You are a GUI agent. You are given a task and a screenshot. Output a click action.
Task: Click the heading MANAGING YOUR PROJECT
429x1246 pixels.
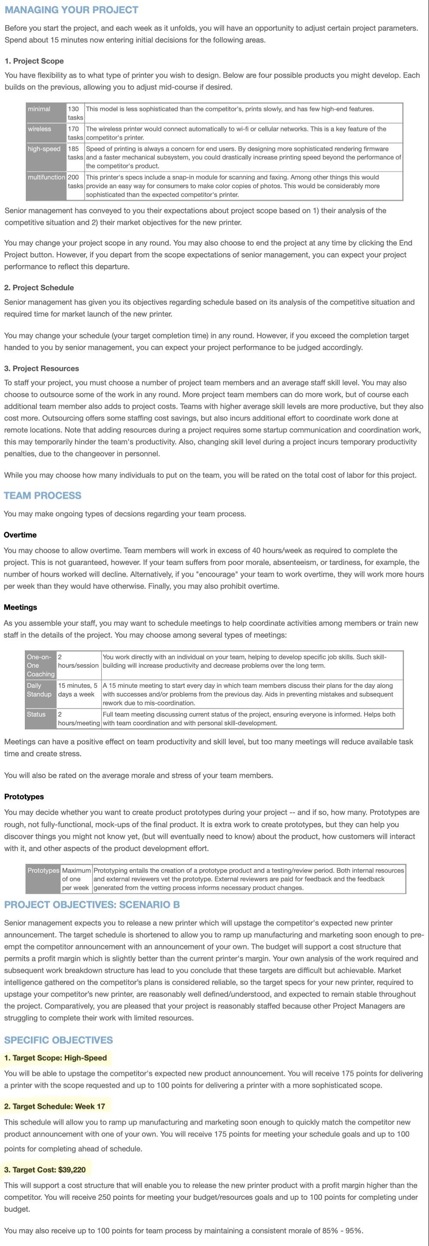(x=71, y=10)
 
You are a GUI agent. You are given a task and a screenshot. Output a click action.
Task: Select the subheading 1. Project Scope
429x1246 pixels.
(x=34, y=61)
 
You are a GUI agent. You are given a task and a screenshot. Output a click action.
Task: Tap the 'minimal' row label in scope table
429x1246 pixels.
(x=45, y=113)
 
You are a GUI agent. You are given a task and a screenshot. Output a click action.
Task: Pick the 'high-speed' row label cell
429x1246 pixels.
(x=45, y=157)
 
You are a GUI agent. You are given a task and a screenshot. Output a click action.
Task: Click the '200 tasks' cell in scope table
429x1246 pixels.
(x=75, y=181)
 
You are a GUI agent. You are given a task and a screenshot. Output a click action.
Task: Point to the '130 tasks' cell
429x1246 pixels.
(x=75, y=113)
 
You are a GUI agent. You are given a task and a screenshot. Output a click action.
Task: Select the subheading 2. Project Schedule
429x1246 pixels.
(x=39, y=287)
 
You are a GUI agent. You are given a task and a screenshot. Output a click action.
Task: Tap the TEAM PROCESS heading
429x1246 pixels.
(x=42, y=495)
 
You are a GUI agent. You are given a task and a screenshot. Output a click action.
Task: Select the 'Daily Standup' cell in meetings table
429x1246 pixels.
(x=41, y=693)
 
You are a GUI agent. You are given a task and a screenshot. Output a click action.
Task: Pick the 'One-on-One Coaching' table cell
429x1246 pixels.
(x=41, y=665)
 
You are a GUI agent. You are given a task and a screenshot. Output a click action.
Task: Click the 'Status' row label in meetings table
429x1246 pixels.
(x=41, y=718)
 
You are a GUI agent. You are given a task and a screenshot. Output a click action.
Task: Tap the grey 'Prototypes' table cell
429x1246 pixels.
(x=43, y=878)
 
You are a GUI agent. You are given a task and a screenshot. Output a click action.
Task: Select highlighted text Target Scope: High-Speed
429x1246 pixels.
(x=55, y=1058)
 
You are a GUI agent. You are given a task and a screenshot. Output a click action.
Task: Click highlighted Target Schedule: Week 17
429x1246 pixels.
(x=54, y=1106)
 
